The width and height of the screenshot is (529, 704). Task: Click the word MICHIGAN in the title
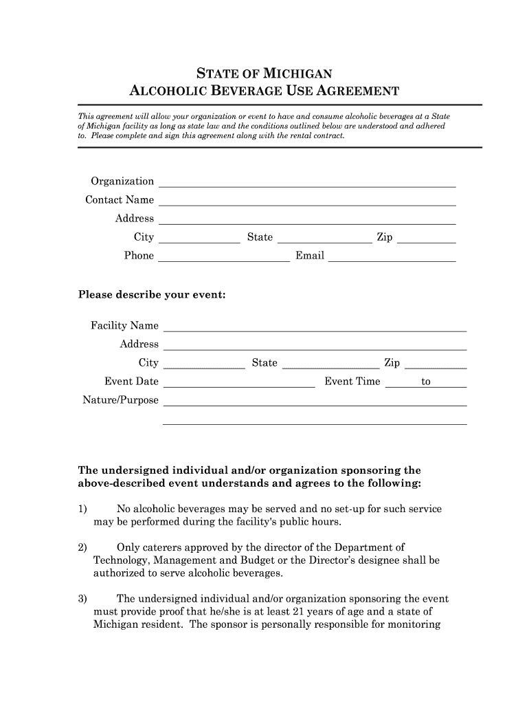coord(302,74)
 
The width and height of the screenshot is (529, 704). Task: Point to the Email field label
coord(310,256)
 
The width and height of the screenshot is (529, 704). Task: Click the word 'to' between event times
coord(426,382)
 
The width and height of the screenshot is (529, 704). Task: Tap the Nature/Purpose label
coord(120,400)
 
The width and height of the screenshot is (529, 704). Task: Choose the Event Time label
coord(352,382)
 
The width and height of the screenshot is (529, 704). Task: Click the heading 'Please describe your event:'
coord(152,295)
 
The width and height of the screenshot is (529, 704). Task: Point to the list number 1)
coord(82,509)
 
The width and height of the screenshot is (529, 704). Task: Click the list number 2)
coord(82,548)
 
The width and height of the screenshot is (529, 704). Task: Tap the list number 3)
coord(82,599)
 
